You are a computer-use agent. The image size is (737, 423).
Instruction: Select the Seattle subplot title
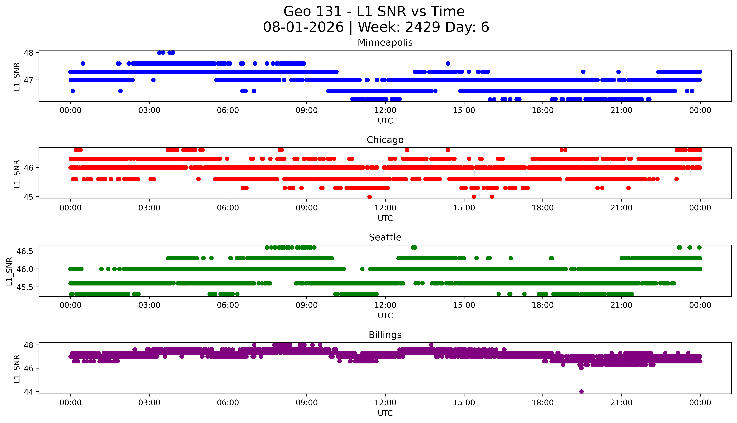click(x=385, y=237)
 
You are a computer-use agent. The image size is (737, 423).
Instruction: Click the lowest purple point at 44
click(x=581, y=391)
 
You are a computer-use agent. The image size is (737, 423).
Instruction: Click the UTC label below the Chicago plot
click(x=385, y=218)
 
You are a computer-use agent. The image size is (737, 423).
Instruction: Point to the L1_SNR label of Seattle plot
click(x=9, y=271)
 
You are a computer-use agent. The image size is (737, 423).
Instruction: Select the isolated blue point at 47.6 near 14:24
click(x=448, y=63)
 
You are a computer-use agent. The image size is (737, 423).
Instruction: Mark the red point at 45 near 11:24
click(x=369, y=197)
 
